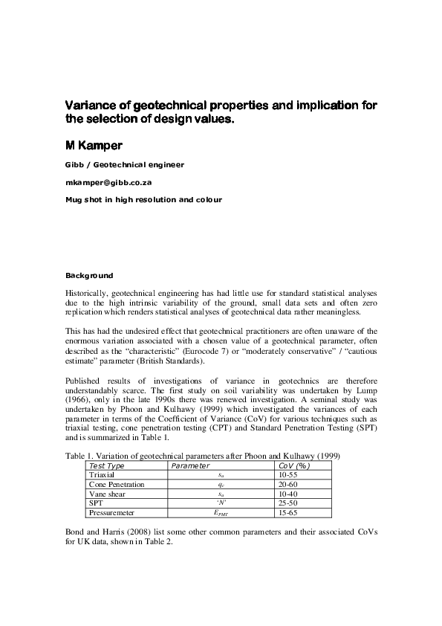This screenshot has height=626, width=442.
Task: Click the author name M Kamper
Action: click(97, 143)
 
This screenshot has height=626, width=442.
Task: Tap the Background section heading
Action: click(89, 275)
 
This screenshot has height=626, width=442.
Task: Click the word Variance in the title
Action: click(91, 106)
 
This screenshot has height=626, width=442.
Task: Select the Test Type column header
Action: click(106, 465)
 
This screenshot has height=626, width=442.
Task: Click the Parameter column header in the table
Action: click(191, 465)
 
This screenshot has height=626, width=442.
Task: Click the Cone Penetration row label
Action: click(117, 484)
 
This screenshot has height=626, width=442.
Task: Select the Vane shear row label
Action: click(108, 494)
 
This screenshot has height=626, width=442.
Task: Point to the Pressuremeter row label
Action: click(113, 513)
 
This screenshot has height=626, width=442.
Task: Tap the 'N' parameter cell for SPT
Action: click(221, 503)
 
